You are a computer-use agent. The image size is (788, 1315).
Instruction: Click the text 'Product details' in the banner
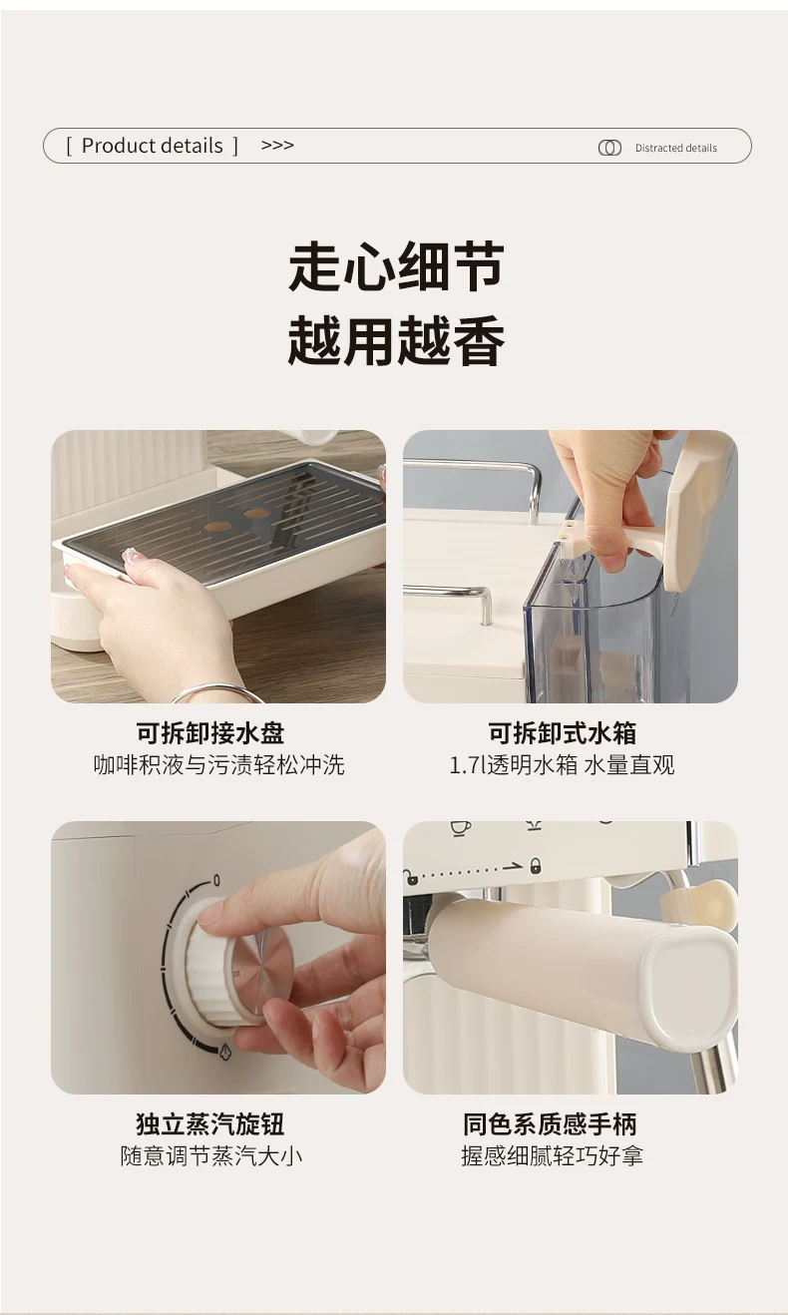(152, 146)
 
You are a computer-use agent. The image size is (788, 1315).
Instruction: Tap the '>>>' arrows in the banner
(277, 145)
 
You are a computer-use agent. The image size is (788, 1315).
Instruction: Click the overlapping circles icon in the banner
(609, 148)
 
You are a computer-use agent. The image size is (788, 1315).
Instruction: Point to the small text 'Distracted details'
(676, 148)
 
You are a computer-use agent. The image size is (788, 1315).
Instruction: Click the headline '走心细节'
(396, 266)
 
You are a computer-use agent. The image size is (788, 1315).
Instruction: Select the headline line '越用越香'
(396, 340)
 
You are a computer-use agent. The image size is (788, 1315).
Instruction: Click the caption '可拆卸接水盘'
(210, 732)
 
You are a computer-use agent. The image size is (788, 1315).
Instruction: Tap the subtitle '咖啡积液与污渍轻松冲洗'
(218, 765)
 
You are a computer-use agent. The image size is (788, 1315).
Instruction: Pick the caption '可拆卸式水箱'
(563, 732)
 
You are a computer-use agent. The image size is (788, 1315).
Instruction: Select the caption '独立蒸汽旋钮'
(210, 1123)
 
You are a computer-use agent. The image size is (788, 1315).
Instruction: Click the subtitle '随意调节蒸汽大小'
(211, 1156)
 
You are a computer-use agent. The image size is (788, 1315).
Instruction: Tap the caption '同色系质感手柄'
(550, 1123)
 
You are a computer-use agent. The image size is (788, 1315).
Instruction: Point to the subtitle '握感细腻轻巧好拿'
(553, 1156)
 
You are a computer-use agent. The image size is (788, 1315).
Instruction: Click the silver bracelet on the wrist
(218, 692)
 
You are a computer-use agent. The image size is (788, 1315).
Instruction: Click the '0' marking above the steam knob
(216, 881)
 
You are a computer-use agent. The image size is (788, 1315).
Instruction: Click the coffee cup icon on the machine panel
(461, 827)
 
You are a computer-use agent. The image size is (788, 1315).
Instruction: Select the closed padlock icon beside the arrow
(535, 865)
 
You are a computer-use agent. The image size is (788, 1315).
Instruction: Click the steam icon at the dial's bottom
(224, 1052)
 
